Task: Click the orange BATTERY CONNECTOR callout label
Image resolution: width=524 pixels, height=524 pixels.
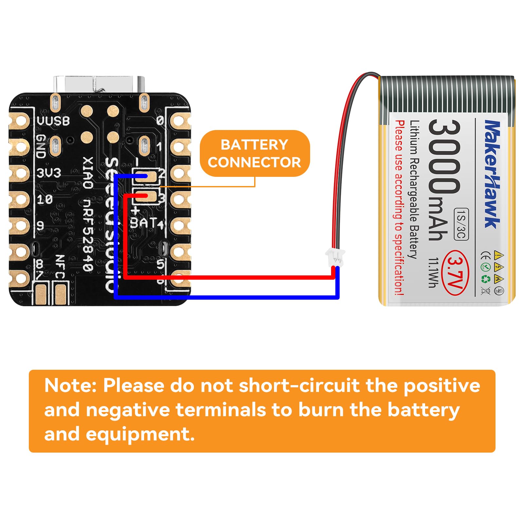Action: [254, 153]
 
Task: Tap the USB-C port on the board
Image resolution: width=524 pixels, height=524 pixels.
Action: [99, 84]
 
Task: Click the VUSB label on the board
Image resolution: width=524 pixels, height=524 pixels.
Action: [53, 121]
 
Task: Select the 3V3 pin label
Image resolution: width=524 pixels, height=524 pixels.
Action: [49, 173]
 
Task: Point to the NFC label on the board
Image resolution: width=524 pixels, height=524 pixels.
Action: [60, 267]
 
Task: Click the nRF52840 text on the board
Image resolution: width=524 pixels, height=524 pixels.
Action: [88, 234]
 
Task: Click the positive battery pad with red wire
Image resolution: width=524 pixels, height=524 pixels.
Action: [150, 196]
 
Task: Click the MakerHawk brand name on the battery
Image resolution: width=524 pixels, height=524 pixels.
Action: [492, 174]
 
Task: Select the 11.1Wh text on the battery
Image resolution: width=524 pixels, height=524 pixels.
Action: [434, 272]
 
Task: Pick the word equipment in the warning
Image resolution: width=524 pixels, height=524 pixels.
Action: [140, 434]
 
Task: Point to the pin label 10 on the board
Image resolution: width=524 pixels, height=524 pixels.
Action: [45, 199]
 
